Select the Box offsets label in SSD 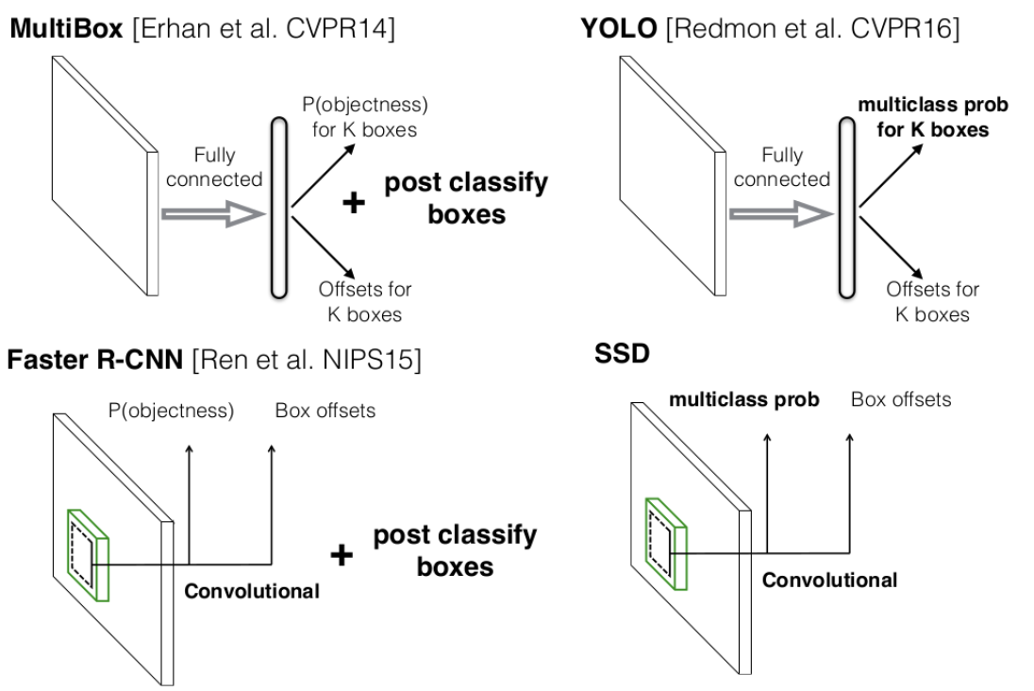pos(901,400)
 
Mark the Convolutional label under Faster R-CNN pos(252,592)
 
